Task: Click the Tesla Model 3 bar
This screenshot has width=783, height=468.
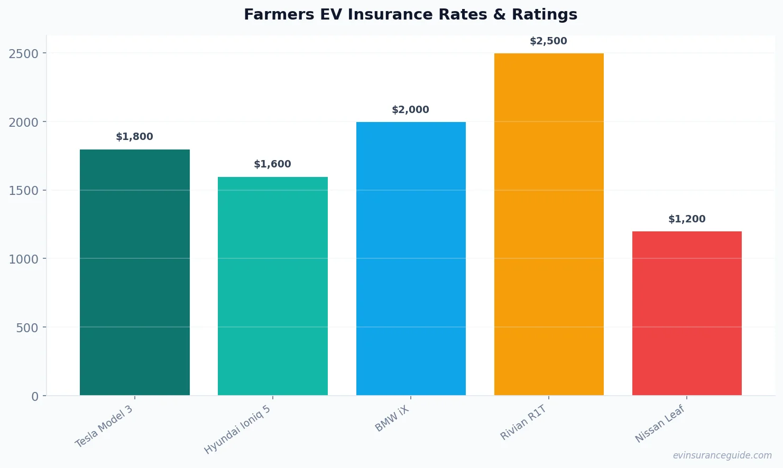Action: (135, 272)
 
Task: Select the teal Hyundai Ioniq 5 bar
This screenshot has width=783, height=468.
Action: (273, 286)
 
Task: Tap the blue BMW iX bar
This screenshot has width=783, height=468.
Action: (411, 258)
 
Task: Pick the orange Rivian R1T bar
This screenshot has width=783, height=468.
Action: (549, 224)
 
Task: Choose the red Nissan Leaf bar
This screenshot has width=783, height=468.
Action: (687, 313)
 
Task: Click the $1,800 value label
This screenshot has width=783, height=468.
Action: (135, 137)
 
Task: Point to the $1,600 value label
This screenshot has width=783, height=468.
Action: (273, 164)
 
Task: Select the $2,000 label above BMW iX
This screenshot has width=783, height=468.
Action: (411, 110)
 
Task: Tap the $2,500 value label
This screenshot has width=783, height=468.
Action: (549, 41)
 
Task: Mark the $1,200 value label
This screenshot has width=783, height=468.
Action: (687, 219)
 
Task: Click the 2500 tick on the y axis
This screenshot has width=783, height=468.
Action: (24, 54)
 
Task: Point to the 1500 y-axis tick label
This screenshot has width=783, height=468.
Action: (24, 191)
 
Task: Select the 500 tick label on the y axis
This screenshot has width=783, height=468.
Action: (27, 328)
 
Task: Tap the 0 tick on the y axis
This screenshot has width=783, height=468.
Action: (35, 397)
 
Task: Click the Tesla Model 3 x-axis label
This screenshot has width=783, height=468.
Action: (104, 427)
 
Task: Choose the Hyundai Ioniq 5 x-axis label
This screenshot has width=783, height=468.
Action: (237, 430)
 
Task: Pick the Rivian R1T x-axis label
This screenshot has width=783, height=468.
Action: (523, 423)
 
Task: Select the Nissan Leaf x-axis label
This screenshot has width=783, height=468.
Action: (660, 424)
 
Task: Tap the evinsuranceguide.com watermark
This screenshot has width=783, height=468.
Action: (722, 455)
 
